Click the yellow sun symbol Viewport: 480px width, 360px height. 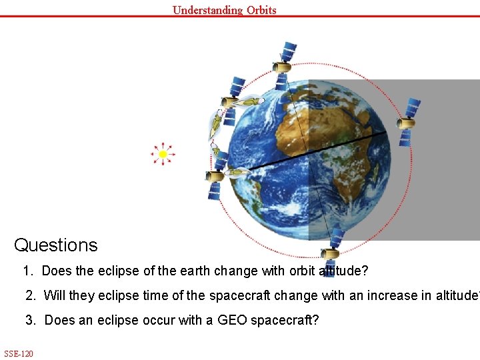[x=163, y=154]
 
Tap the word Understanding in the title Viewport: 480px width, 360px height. [x=198, y=10]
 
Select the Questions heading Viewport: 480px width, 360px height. [x=56, y=245]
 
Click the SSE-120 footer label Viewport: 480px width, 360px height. [x=19, y=353]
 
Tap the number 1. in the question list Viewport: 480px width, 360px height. [x=27, y=271]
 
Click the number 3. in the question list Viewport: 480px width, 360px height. [x=31, y=321]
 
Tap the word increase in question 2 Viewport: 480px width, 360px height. [x=381, y=295]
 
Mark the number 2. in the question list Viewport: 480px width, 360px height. [x=31, y=295]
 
